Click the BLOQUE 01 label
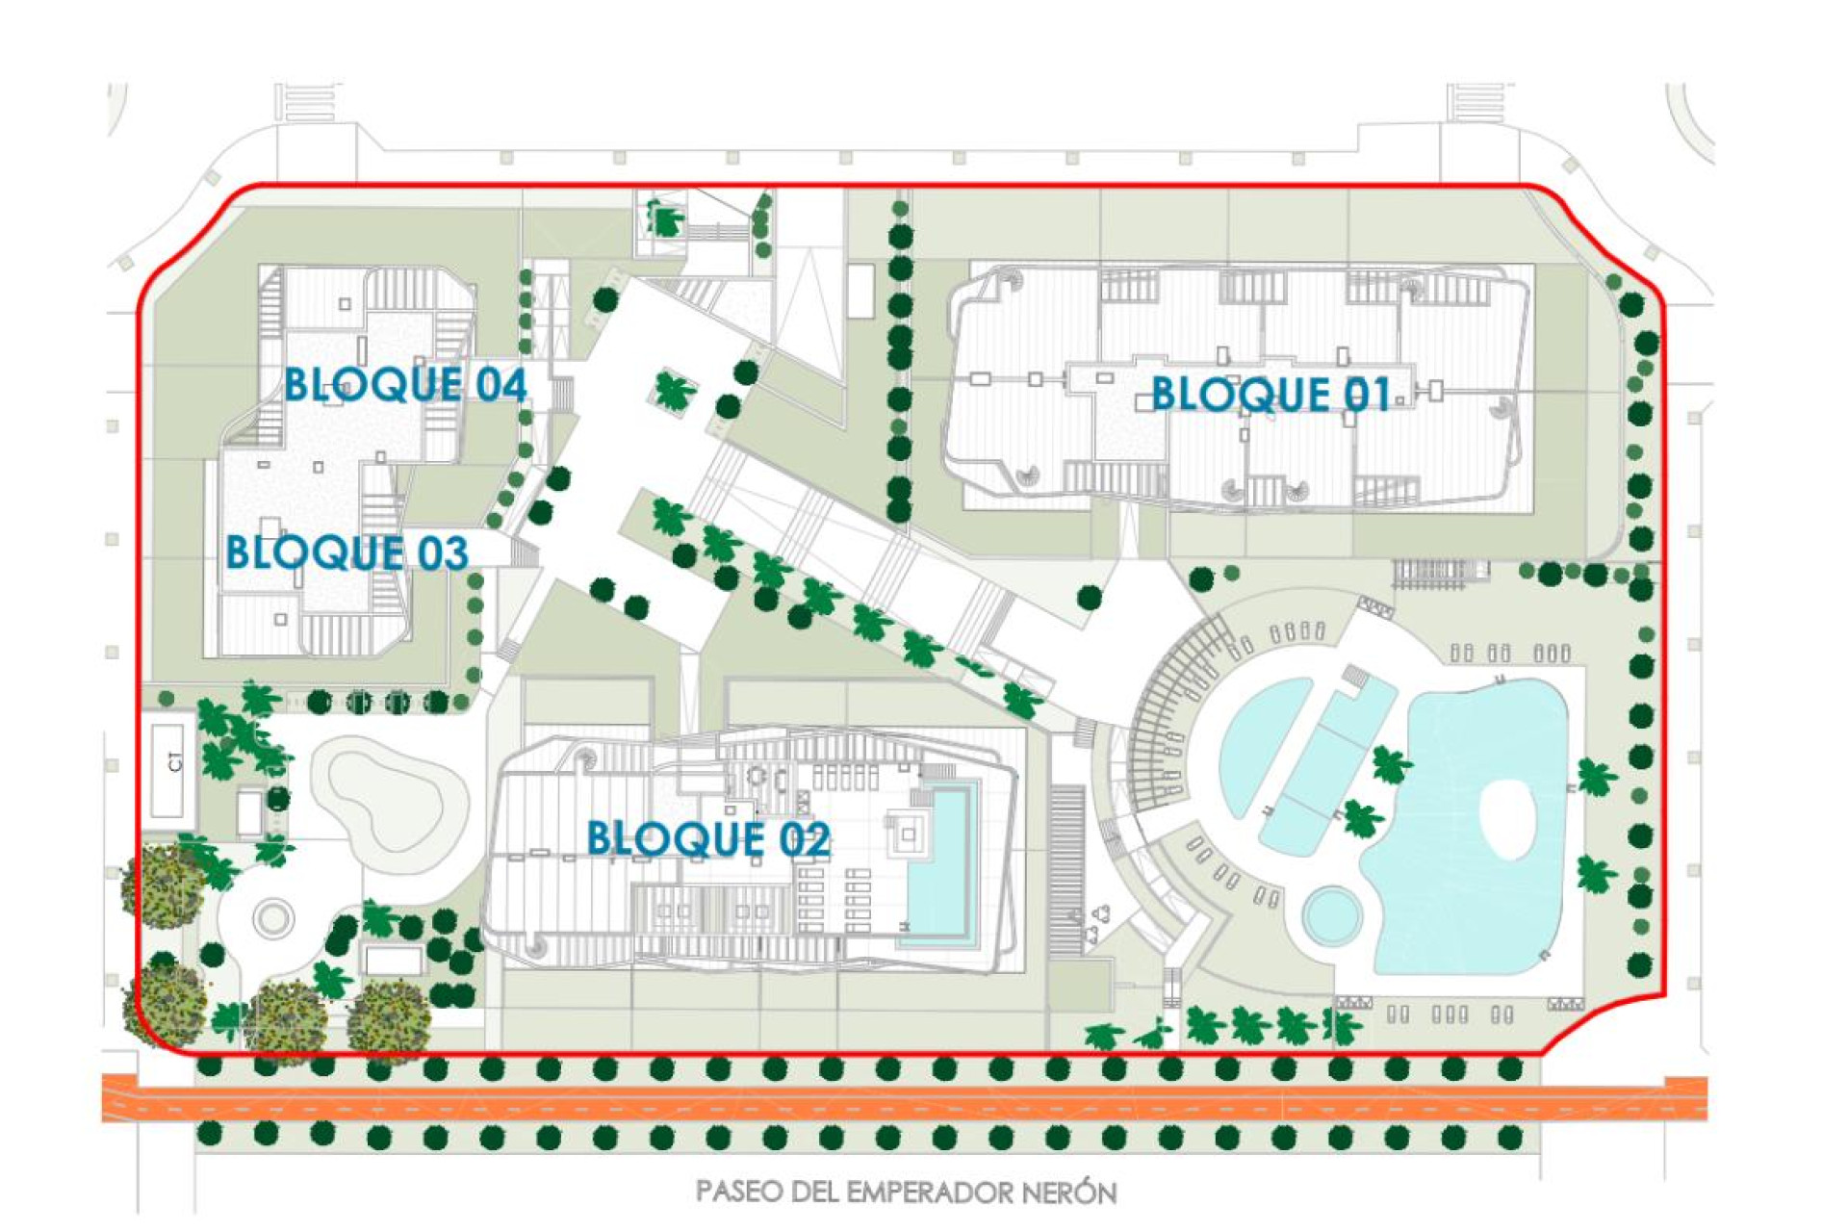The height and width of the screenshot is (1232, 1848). [1270, 395]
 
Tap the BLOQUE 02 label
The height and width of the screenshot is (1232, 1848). [708, 839]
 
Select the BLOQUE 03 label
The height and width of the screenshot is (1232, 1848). [346, 553]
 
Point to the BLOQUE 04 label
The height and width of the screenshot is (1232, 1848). [405, 385]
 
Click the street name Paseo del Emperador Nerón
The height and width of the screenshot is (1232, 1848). [906, 1193]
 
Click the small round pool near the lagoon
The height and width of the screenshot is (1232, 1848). [1333, 914]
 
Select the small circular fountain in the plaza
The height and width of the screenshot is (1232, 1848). [273, 917]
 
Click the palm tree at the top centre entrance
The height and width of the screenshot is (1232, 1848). [664, 219]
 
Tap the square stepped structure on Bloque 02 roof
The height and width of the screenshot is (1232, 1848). [910, 834]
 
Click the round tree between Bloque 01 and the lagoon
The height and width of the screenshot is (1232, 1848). [1201, 579]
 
